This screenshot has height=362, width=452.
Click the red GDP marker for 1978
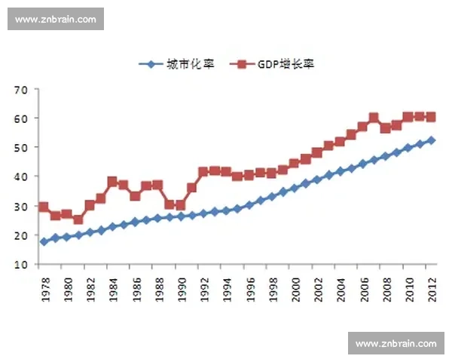[x=44, y=207]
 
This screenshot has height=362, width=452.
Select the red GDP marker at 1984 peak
[x=112, y=182]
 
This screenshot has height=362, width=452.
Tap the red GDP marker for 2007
[x=374, y=118]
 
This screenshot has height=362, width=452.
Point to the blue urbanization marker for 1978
[x=44, y=242]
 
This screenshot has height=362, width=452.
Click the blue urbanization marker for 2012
[x=431, y=140]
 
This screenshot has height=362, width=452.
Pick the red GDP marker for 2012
[x=431, y=117]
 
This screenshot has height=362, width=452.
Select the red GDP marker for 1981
[x=78, y=219]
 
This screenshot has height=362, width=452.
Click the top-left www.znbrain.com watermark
[x=56, y=19]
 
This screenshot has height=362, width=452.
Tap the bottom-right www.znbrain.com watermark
[x=395, y=344]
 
